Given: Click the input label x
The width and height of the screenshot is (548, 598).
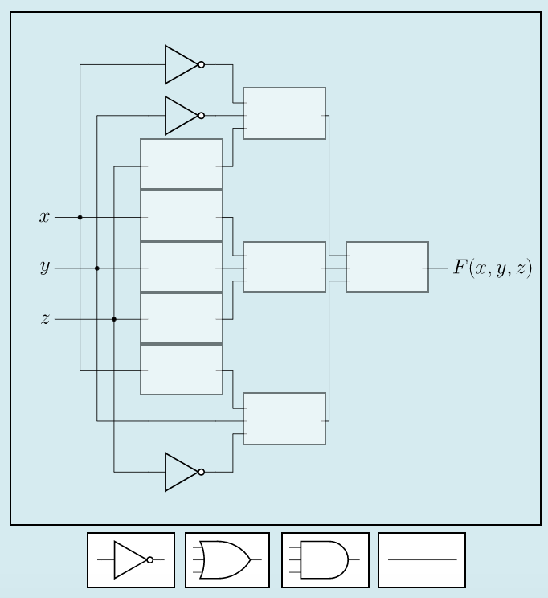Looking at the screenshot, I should (x=45, y=217).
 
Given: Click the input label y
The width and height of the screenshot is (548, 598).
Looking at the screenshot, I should (x=45, y=268).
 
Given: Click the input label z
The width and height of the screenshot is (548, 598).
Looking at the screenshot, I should (x=45, y=319).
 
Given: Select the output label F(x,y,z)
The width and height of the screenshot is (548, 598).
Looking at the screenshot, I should (x=492, y=268).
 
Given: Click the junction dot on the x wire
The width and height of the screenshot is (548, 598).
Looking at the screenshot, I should (x=80, y=217).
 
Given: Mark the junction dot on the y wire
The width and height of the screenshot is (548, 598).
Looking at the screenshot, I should (x=97, y=268).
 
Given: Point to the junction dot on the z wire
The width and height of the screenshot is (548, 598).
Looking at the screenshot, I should (x=114, y=319).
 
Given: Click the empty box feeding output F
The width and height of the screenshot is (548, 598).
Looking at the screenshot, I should (x=387, y=267).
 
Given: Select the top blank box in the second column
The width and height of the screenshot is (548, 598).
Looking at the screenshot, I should (x=284, y=113).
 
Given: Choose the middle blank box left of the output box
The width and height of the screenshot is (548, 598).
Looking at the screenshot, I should (x=284, y=267).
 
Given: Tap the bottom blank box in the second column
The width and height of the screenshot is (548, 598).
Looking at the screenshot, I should (x=284, y=419).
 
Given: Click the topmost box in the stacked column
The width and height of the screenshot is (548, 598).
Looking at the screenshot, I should (x=182, y=164).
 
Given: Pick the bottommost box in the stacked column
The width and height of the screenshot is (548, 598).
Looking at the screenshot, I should (x=182, y=370).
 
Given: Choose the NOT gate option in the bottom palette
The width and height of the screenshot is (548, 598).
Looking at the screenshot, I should (x=131, y=560).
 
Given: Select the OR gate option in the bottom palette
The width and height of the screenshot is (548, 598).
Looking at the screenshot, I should (x=227, y=560).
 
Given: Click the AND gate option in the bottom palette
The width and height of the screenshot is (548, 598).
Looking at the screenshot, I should (x=325, y=560).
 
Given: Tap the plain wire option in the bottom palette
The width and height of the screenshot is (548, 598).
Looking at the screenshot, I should (x=422, y=560).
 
